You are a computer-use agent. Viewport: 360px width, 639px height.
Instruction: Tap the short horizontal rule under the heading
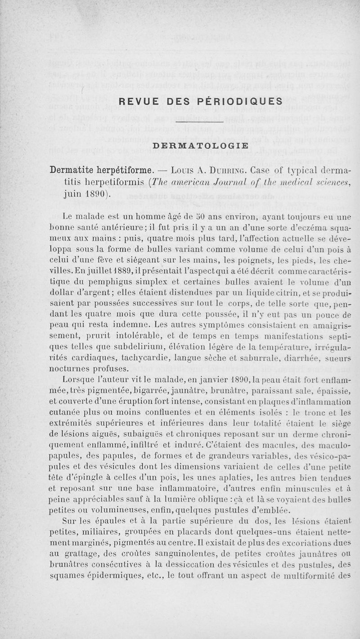199,121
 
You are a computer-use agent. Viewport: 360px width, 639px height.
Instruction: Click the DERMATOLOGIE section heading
200,145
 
